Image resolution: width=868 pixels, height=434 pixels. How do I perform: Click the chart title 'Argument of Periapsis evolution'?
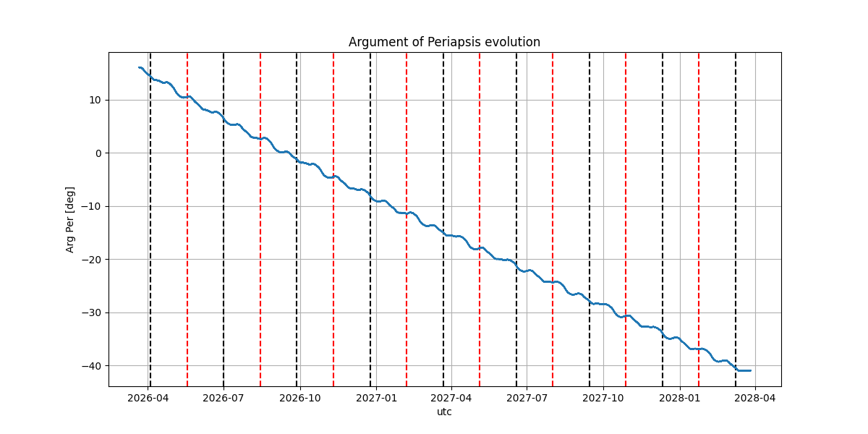(x=444, y=42)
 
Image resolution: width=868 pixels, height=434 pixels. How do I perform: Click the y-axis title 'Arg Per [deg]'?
(x=70, y=219)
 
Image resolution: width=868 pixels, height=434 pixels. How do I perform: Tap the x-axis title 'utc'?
(x=444, y=412)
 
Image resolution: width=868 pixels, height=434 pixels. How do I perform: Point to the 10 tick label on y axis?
(x=94, y=100)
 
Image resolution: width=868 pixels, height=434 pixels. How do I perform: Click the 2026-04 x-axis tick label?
(x=148, y=397)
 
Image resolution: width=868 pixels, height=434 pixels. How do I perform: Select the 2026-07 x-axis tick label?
(x=224, y=397)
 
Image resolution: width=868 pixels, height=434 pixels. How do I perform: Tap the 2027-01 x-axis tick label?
(x=376, y=397)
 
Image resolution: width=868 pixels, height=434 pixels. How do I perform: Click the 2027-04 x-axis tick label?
(x=451, y=397)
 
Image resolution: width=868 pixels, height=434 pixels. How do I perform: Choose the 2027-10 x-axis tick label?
(x=603, y=397)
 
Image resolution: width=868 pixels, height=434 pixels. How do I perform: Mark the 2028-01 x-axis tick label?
(x=680, y=397)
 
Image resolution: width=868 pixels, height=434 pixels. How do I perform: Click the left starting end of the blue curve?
(x=139, y=67)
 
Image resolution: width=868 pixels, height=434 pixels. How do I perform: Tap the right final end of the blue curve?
(x=751, y=370)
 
